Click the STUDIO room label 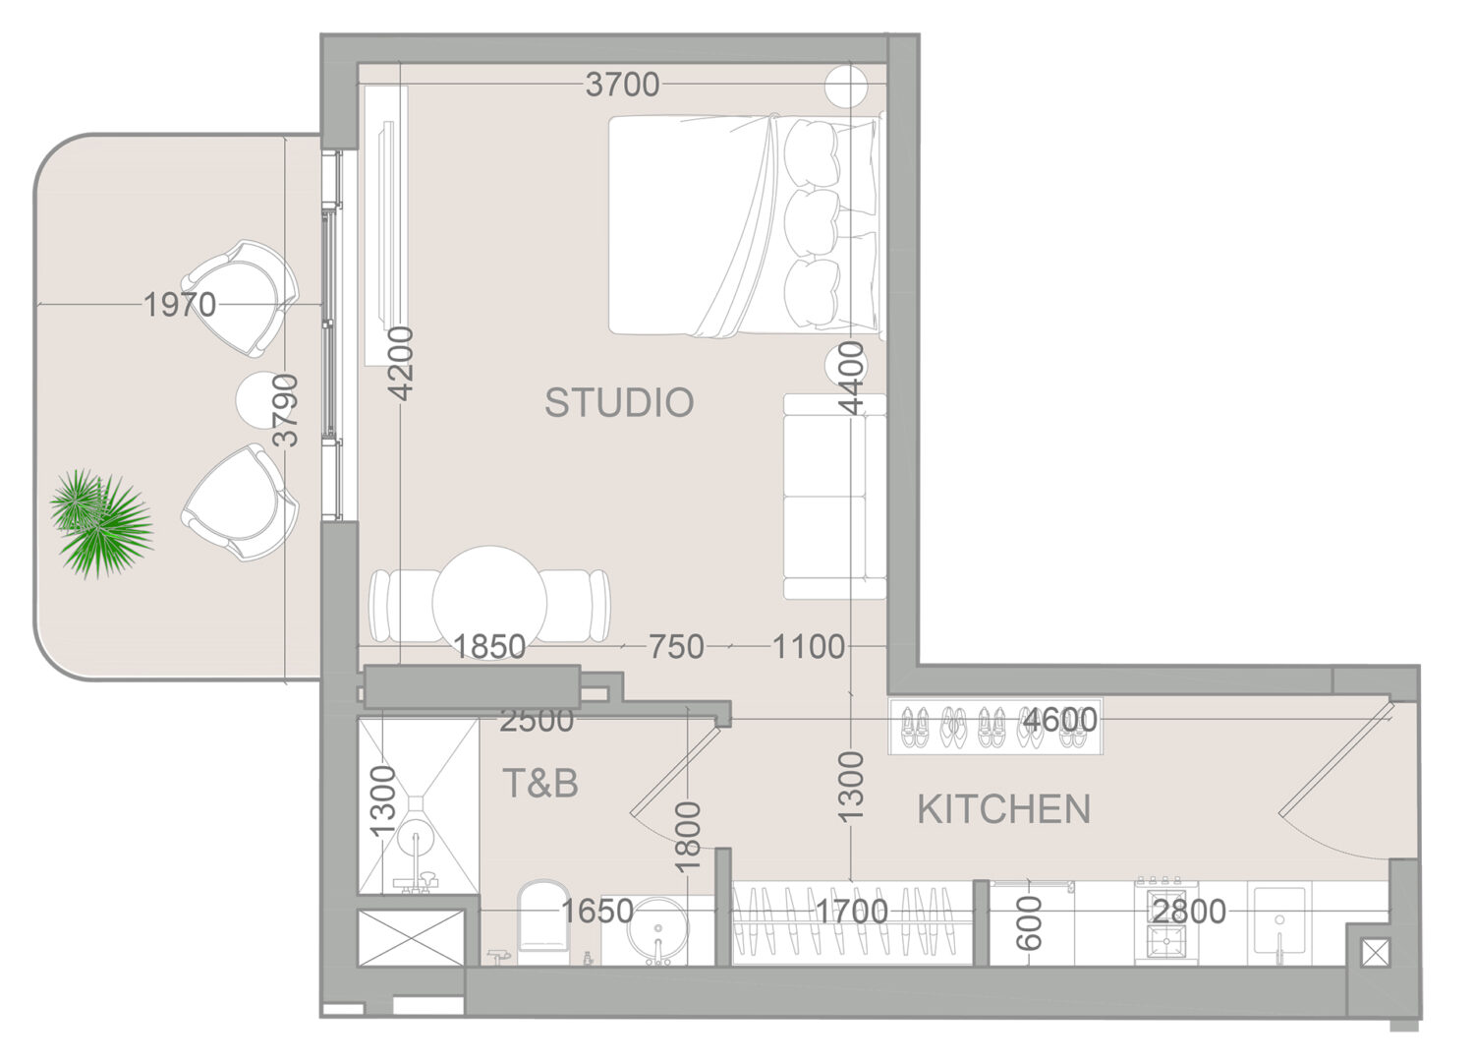click(619, 402)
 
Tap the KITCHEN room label click(1004, 809)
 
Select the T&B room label click(540, 783)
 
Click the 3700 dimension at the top click(622, 85)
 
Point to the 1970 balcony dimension click(180, 305)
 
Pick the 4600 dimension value click(1060, 720)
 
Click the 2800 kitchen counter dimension click(1189, 912)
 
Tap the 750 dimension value click(676, 647)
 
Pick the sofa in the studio click(834, 497)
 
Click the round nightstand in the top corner click(846, 87)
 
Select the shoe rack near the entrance click(995, 727)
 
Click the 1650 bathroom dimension click(596, 912)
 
